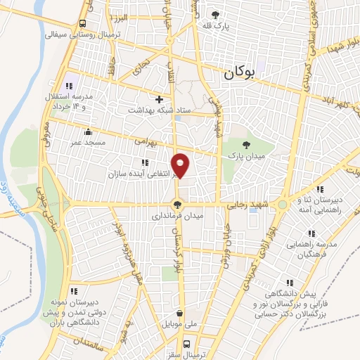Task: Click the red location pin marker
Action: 181,165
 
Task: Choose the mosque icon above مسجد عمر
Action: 87,131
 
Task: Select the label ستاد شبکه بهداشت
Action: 151,110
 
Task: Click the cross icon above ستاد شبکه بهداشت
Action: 160,99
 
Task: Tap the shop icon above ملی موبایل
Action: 180,314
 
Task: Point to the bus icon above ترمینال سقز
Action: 187,345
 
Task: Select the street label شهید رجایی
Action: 247,203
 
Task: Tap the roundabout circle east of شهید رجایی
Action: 283,204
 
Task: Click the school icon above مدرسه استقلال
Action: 68,84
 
